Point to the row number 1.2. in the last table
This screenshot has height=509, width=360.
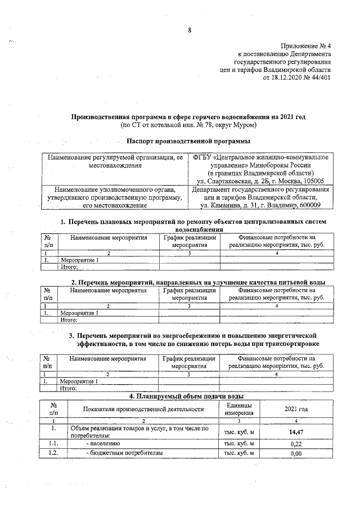click(x=53, y=453)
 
